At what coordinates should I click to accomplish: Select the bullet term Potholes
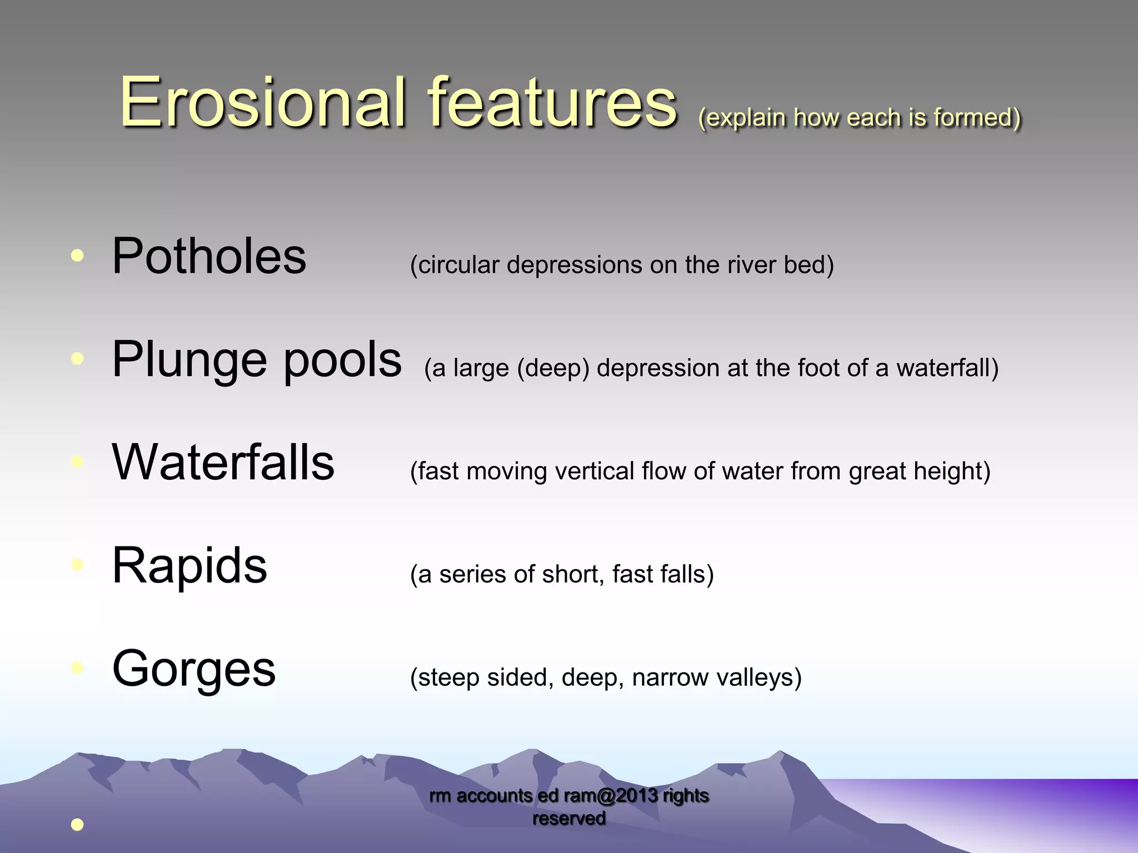[x=209, y=257]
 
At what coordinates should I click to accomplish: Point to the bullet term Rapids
[x=189, y=566]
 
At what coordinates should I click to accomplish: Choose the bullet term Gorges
[x=194, y=669]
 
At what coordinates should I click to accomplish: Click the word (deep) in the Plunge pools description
[x=553, y=368]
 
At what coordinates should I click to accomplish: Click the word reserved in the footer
[x=569, y=819]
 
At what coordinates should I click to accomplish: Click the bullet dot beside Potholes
[x=77, y=255]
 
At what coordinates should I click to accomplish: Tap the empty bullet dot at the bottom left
[x=77, y=825]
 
